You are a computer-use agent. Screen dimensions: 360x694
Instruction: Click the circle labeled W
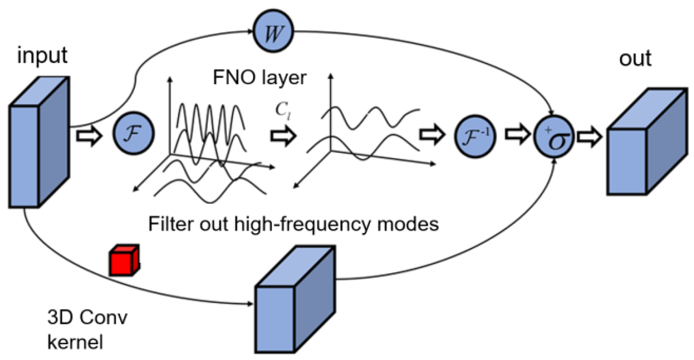273,32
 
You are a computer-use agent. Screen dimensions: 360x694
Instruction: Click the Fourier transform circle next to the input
133,133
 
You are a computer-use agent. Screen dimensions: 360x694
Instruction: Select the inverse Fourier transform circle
475,136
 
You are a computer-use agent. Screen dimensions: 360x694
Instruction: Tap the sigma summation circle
554,137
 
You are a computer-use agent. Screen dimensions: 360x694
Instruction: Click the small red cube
124,261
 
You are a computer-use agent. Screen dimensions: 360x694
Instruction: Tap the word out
635,58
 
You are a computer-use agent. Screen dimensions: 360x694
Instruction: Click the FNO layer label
259,77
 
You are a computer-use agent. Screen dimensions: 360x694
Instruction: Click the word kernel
75,342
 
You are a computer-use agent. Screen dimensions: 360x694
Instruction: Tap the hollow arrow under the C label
283,136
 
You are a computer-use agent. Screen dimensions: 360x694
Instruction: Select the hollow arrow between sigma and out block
589,137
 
